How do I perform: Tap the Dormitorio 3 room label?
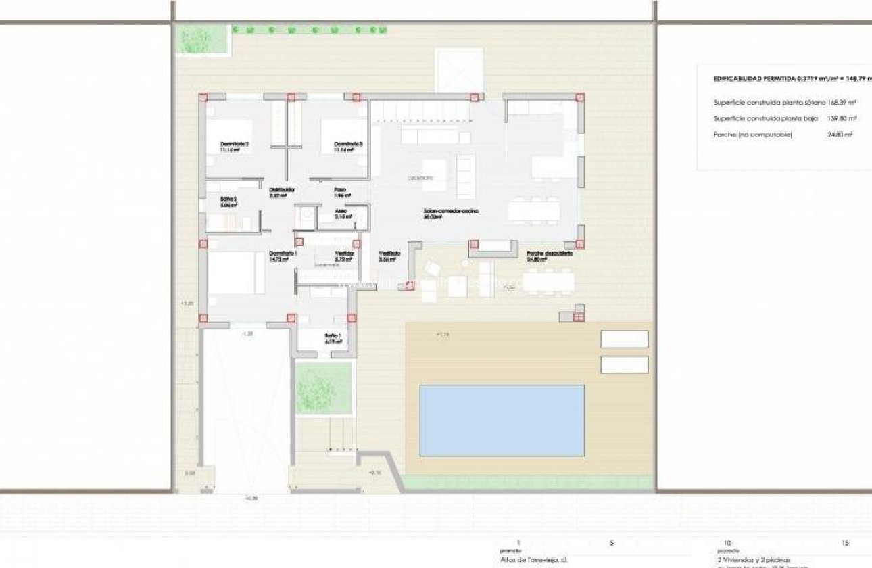349,144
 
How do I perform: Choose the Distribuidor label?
282,190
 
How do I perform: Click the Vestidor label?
345,253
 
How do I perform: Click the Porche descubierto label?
550,254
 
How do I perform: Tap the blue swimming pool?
502,420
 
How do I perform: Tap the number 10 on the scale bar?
727,543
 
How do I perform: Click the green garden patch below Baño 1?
324,387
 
